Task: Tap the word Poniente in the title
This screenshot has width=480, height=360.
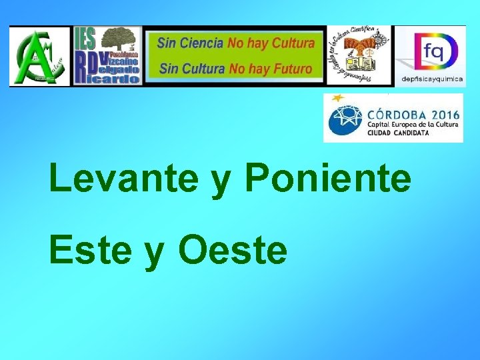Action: [x=328, y=179]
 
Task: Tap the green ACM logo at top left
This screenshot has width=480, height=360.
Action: [x=39, y=57]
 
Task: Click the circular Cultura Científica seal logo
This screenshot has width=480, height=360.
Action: [x=359, y=55]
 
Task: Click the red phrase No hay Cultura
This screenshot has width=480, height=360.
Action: [x=271, y=43]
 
